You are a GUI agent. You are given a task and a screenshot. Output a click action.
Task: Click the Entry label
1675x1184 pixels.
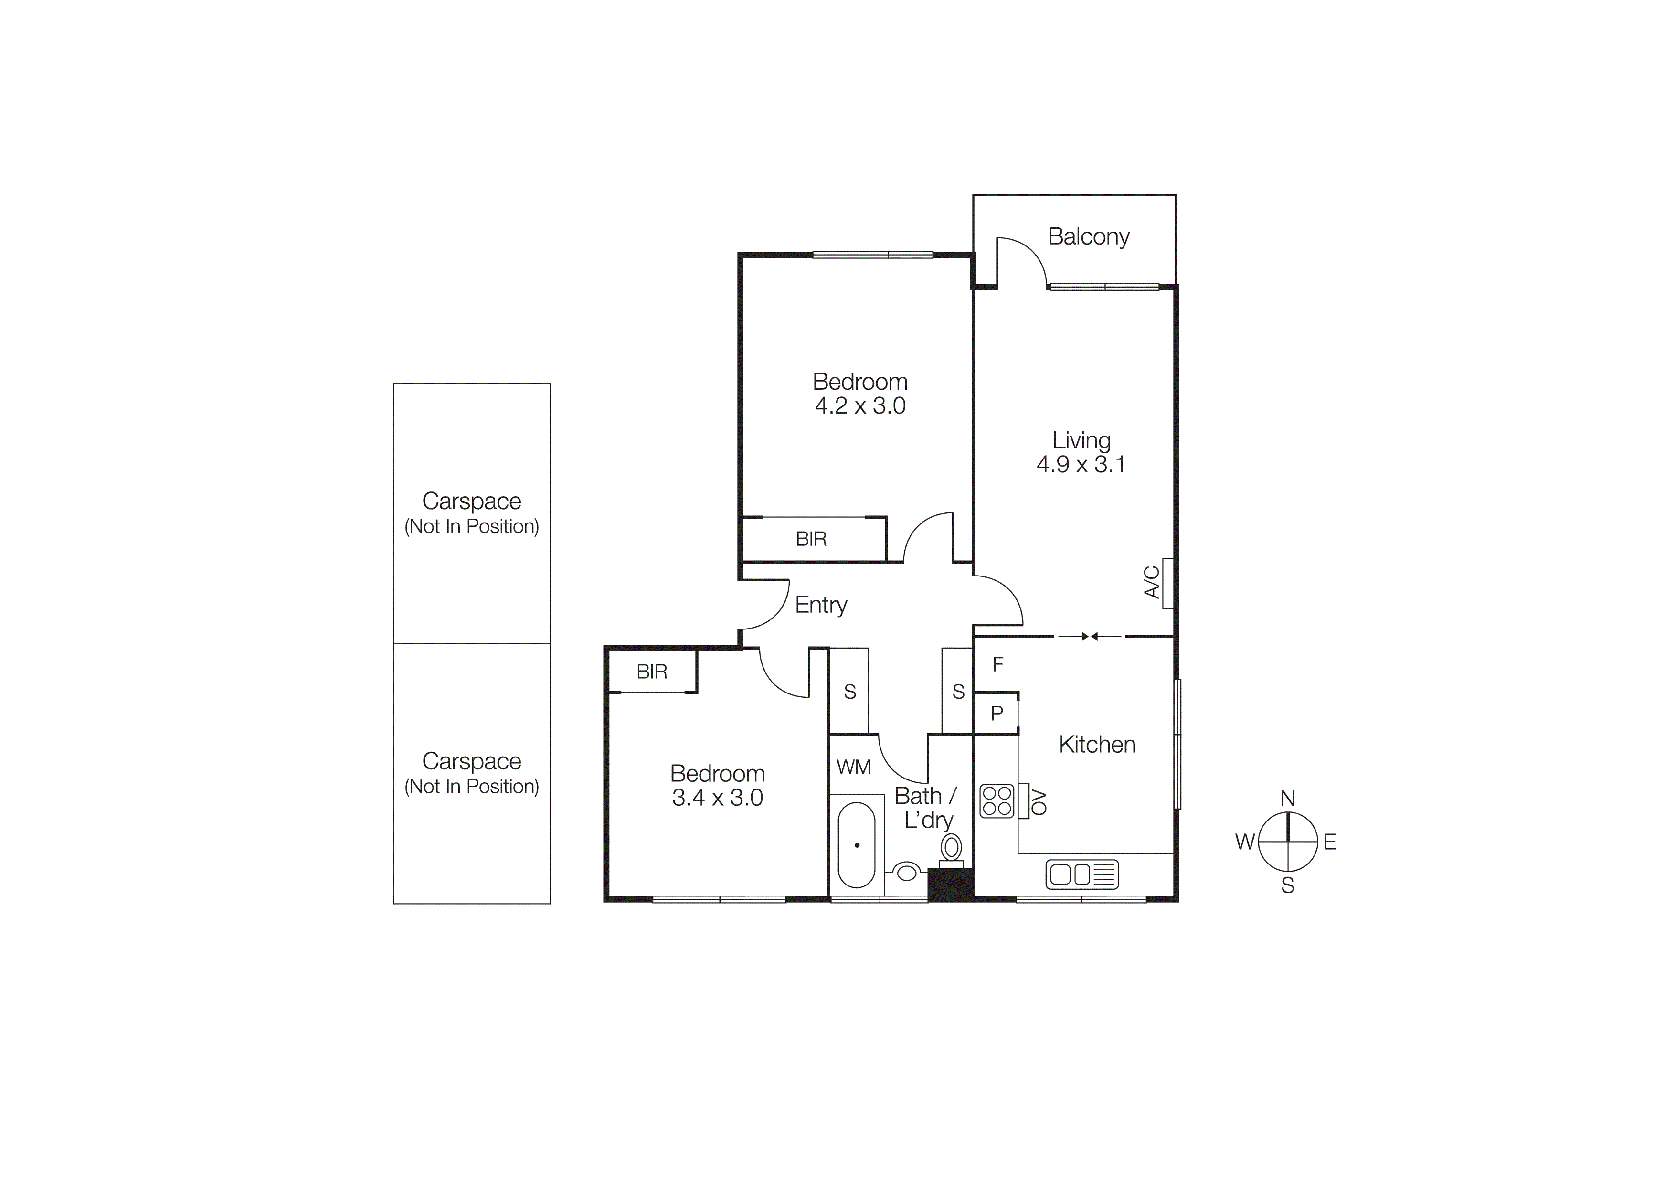click(x=821, y=605)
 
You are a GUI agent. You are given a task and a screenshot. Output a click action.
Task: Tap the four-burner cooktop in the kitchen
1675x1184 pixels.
click(x=997, y=800)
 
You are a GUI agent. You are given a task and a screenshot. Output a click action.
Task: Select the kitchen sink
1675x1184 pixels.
click(x=1081, y=874)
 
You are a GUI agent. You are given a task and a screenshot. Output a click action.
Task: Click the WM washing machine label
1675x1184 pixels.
click(x=854, y=767)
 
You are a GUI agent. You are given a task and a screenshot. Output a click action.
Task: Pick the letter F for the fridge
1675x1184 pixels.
click(x=998, y=664)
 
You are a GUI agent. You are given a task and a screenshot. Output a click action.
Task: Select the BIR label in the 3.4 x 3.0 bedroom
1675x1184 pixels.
click(x=651, y=671)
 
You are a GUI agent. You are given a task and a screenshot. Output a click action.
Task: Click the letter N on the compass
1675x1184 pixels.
click(x=1288, y=799)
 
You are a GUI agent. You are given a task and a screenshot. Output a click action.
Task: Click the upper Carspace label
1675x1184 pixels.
click(x=471, y=501)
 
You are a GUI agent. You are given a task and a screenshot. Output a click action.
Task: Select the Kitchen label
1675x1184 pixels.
click(x=1096, y=744)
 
